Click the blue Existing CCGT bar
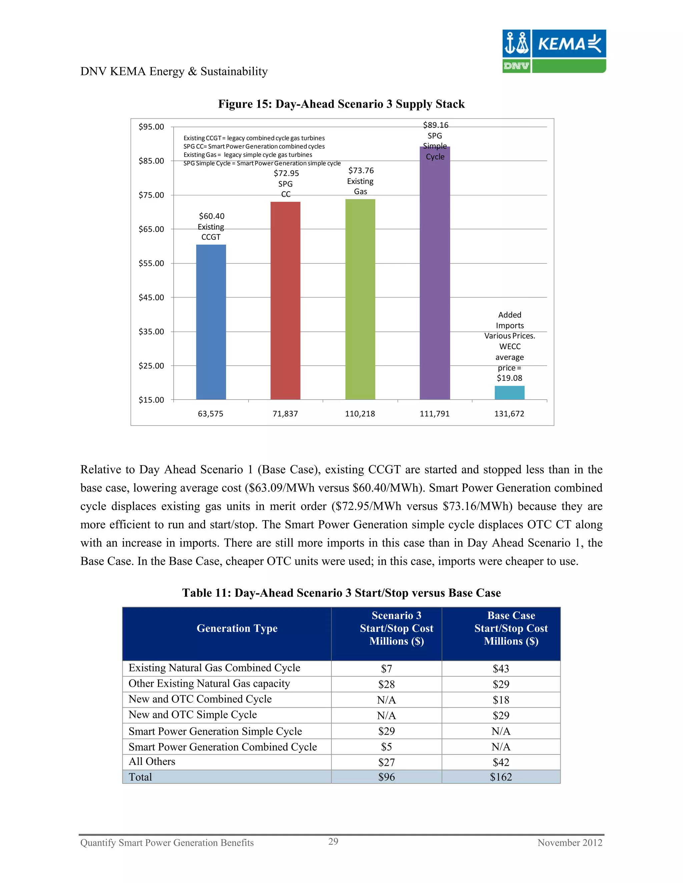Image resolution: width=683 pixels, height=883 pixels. [211, 322]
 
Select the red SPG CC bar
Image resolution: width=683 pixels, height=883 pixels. [285, 301]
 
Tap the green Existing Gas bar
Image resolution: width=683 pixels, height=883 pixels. [360, 299]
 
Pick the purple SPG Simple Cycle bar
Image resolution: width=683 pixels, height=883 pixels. [435, 273]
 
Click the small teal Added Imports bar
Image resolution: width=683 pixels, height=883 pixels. [510, 393]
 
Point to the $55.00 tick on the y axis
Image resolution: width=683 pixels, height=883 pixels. [151, 263]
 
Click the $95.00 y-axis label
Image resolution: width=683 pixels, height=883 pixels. [151, 127]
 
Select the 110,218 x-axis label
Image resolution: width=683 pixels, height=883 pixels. [360, 414]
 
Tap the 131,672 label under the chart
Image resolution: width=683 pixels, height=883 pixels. [509, 414]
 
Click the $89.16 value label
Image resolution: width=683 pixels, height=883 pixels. [435, 125]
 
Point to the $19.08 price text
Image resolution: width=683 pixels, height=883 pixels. [510, 378]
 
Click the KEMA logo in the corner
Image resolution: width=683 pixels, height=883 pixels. [554, 51]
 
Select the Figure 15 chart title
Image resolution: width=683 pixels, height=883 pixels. [341, 104]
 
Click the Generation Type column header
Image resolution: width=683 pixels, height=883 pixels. [237, 628]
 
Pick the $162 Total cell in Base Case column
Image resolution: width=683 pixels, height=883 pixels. [501, 777]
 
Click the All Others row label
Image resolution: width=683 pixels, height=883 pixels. [152, 762]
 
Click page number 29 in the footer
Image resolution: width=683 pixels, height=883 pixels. [333, 841]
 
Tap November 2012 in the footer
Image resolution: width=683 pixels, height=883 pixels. [569, 843]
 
